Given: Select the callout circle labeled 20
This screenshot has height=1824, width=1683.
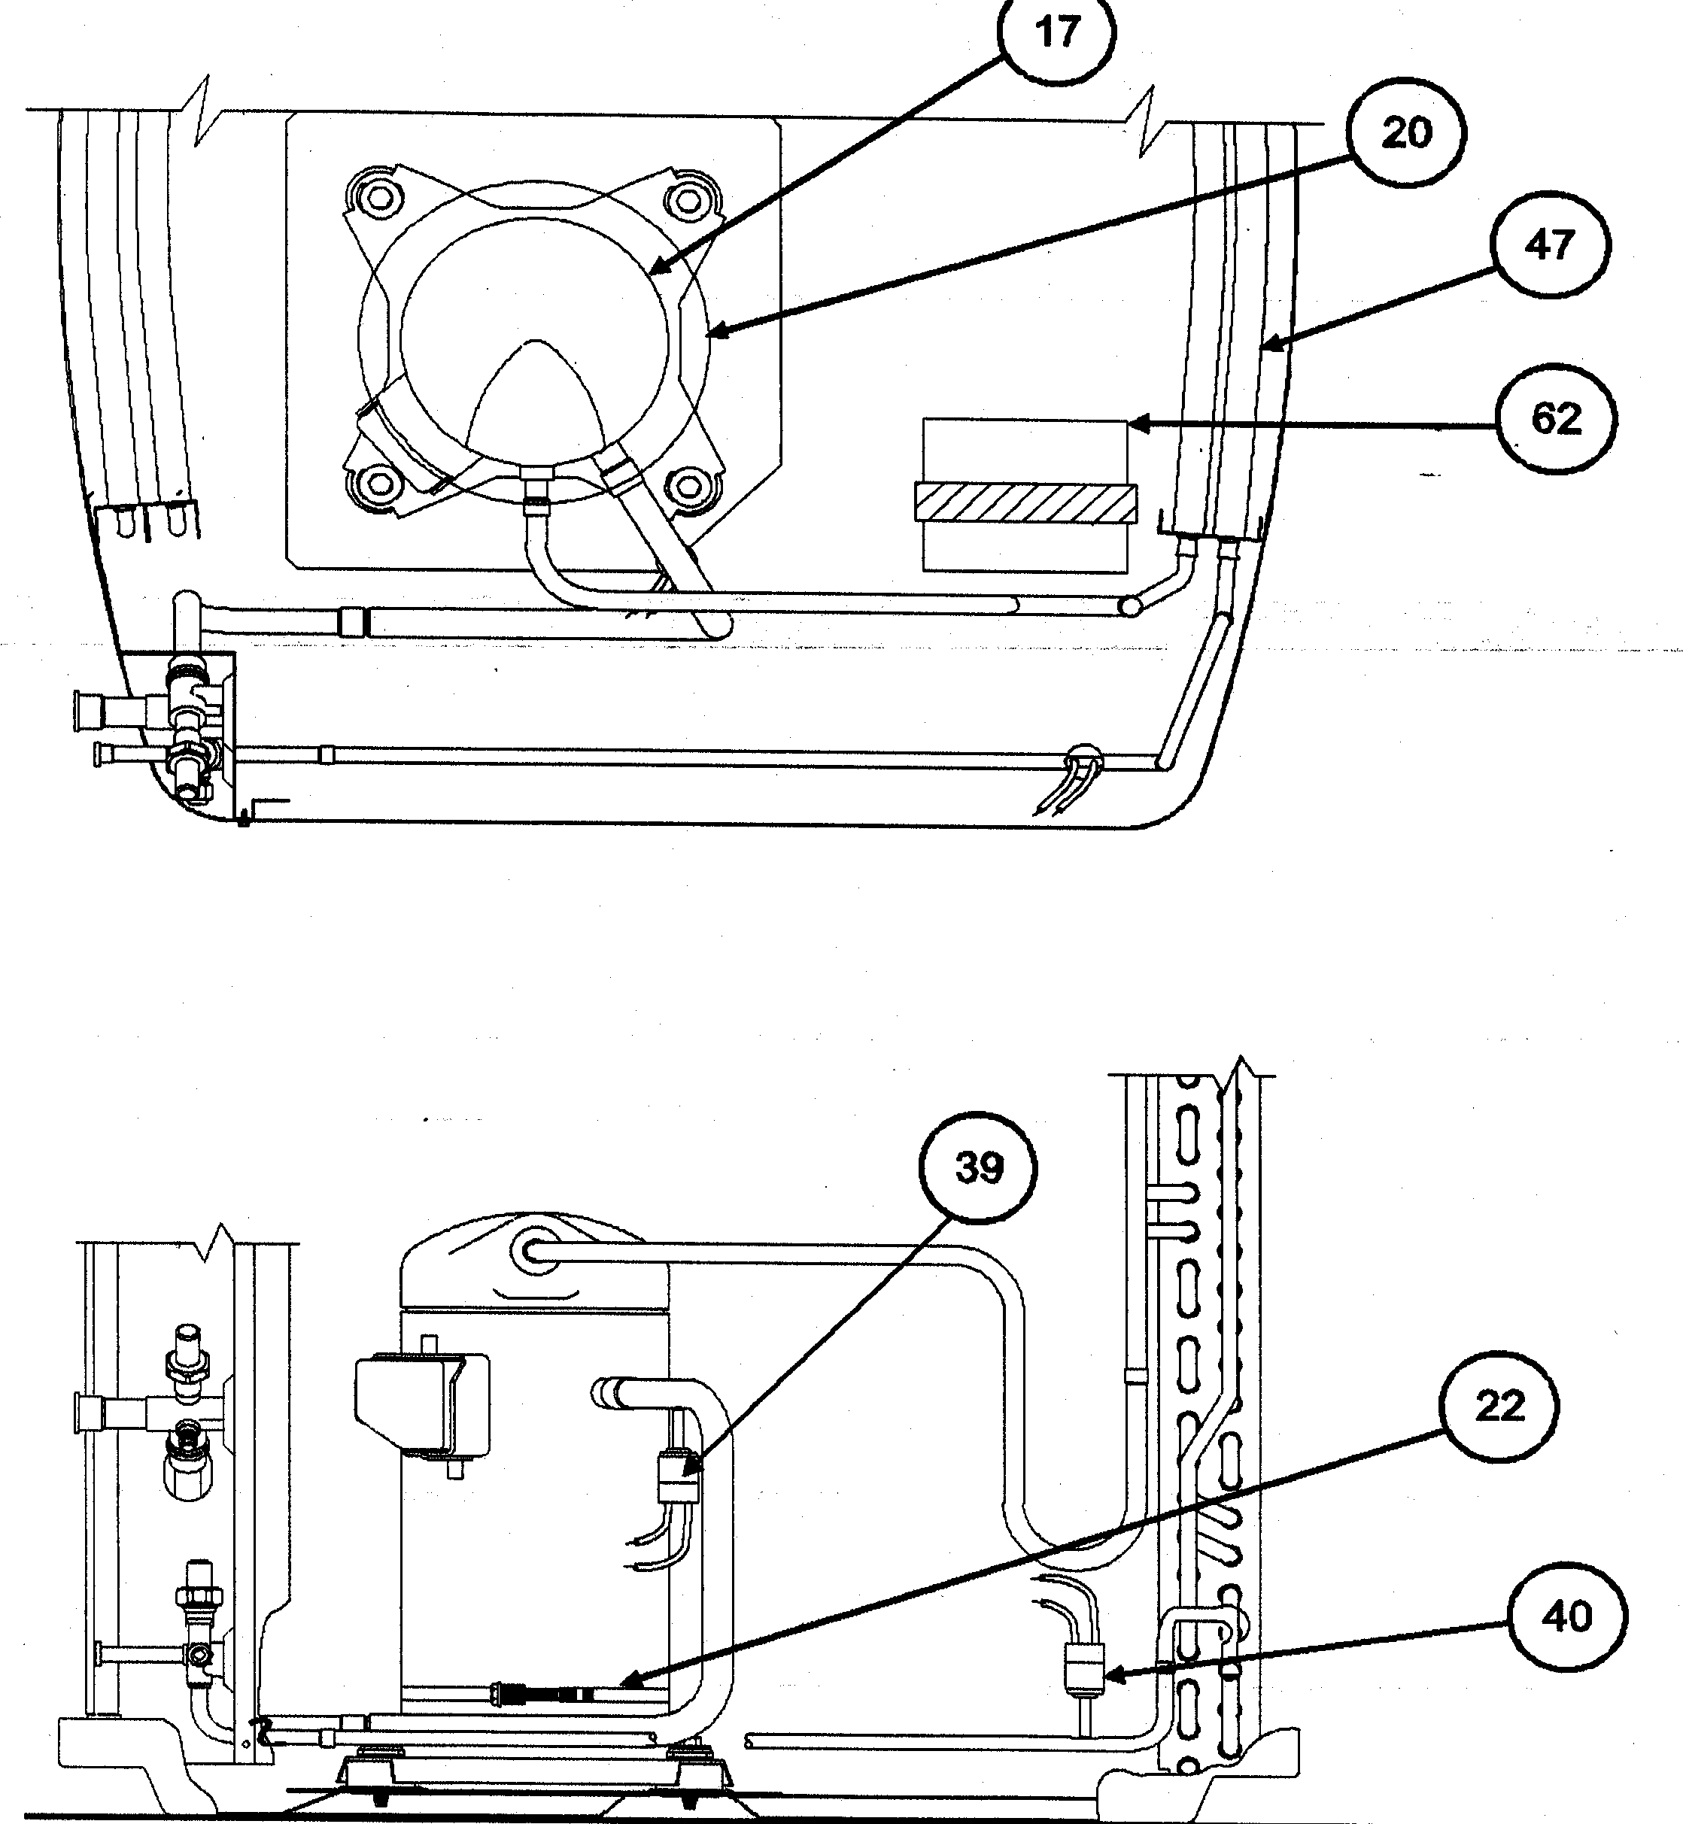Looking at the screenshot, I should point(1406,133).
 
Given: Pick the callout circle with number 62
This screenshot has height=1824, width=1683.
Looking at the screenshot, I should point(1556,419).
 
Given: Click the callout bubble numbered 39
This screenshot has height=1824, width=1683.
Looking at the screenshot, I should point(979,1168).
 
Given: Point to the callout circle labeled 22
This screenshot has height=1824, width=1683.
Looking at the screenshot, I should point(1499,1408).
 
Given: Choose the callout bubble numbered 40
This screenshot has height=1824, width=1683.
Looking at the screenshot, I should point(1566,1617).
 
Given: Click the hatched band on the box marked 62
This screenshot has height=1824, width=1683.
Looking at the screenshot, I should point(1026,502).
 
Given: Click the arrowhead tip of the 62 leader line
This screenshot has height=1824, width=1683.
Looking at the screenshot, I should point(1130,423).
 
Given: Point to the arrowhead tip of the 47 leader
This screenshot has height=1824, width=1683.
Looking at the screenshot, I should point(1262,347).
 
